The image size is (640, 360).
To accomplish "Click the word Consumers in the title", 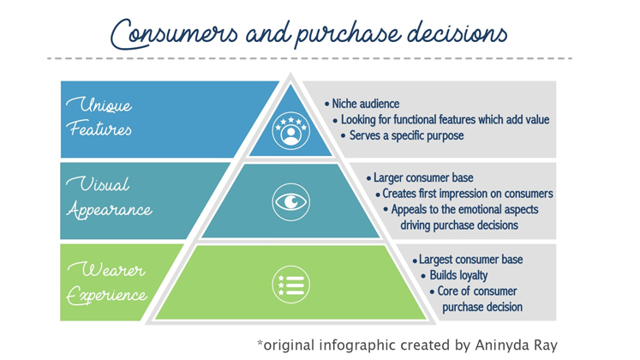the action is click(x=174, y=34).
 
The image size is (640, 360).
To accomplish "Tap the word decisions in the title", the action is click(x=458, y=33).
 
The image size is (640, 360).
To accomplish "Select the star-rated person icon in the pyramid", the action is click(x=291, y=130).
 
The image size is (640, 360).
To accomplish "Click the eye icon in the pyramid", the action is click(x=291, y=202).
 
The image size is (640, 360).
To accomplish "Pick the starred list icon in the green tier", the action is click(x=291, y=285).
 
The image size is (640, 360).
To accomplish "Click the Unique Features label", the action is click(x=99, y=117).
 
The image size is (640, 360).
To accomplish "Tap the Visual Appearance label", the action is click(x=110, y=198).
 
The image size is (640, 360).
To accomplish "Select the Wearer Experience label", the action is click(x=107, y=283).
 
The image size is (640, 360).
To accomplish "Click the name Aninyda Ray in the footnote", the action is click(x=517, y=345).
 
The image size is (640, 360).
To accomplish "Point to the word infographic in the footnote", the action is click(x=357, y=345).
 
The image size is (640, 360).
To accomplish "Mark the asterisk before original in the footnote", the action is click(x=260, y=343).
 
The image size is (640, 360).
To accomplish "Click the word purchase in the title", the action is click(x=348, y=34).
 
